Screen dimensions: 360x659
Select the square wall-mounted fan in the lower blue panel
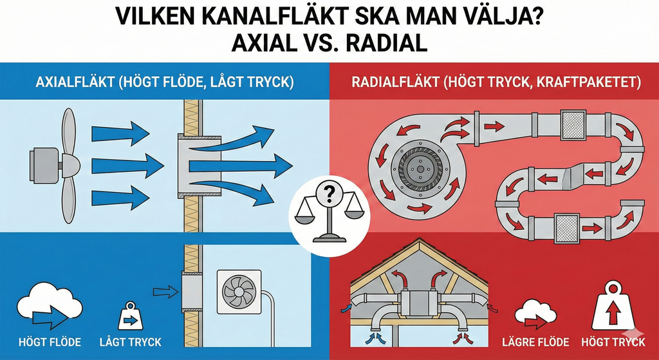pyautogui.click(x=238, y=292)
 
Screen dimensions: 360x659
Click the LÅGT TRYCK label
pyautogui.click(x=131, y=341)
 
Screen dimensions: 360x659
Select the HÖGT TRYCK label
pyautogui.click(x=613, y=341)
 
